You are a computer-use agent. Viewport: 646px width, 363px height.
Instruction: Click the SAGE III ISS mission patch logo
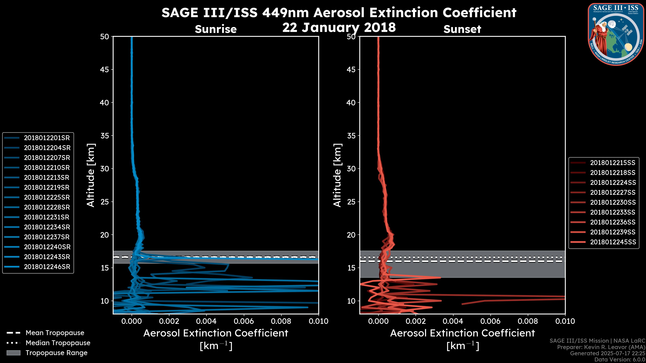pyautogui.click(x=616, y=34)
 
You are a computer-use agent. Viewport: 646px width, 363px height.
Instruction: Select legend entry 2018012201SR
pyautogui.click(x=47, y=138)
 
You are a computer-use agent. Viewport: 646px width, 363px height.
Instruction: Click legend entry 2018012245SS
pyautogui.click(x=613, y=242)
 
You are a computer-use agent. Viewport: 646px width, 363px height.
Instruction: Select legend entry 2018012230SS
pyautogui.click(x=613, y=202)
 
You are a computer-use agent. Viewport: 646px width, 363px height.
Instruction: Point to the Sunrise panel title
pyautogui.click(x=216, y=29)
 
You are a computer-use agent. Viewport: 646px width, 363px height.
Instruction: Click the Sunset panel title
pyautogui.click(x=462, y=29)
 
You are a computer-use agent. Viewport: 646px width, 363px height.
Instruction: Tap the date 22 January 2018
pyautogui.click(x=339, y=27)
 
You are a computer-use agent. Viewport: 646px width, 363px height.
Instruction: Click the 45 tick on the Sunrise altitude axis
pyautogui.click(x=105, y=70)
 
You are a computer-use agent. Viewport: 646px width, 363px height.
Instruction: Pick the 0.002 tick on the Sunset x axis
pyautogui.click(x=416, y=321)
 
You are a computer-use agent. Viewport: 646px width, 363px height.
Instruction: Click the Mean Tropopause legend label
pyautogui.click(x=55, y=333)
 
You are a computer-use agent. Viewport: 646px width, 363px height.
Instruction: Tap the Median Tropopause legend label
pyautogui.click(x=58, y=343)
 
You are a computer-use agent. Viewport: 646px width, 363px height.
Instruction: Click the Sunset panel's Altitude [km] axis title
pyautogui.click(x=337, y=175)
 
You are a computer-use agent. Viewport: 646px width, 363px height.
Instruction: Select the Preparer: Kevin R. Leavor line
pyautogui.click(x=601, y=347)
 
